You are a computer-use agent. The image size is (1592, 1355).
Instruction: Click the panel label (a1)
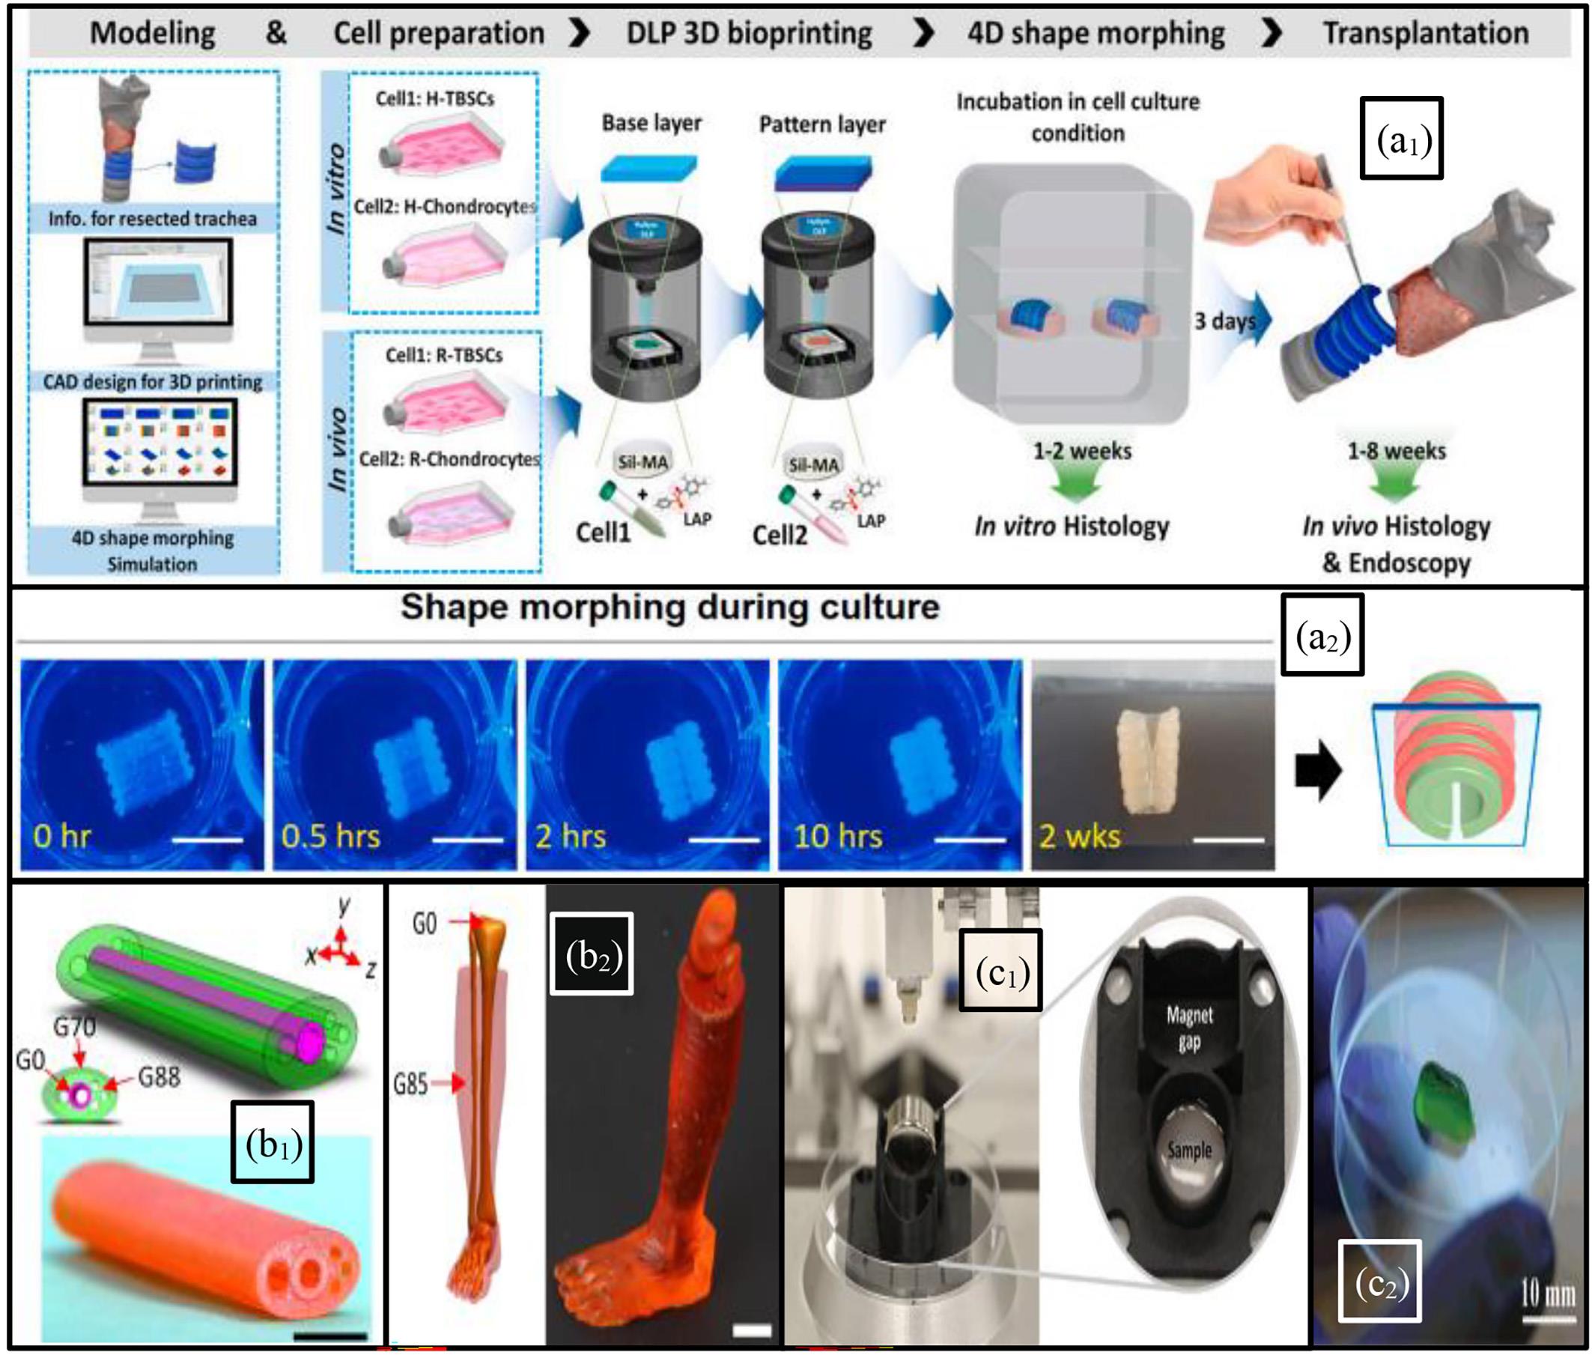coord(1401,139)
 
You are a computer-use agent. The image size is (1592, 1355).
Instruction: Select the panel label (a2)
coord(1322,634)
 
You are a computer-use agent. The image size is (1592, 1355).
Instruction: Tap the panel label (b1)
coord(273,1143)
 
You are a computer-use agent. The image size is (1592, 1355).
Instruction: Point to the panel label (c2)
coord(1380,1283)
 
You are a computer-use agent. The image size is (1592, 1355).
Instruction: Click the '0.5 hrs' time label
coord(330,836)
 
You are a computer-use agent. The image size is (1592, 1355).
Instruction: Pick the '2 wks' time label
coord(1079,836)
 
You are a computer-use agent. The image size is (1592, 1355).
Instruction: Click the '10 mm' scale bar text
coord(1548,1294)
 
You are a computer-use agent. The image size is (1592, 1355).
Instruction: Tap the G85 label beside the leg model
coord(410,1084)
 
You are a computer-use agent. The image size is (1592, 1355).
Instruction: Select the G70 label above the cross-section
coord(74,1026)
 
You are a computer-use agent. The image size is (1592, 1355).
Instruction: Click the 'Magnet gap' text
coord(1189,1028)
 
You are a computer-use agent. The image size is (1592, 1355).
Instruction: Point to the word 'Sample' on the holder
coord(1189,1151)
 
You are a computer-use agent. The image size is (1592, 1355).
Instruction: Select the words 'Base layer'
coord(651,123)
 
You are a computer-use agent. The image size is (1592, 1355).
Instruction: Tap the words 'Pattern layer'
coord(821,124)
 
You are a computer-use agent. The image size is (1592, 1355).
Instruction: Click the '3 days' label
coord(1224,321)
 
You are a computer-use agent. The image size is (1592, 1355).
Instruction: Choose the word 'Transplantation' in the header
coord(1425,33)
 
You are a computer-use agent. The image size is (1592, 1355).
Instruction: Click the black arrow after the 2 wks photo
coord(1318,771)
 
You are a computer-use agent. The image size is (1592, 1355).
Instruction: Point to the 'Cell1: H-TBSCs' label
coord(434,98)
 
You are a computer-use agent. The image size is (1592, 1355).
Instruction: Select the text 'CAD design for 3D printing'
coord(152,382)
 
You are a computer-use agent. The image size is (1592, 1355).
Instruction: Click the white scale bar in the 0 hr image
coord(207,840)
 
